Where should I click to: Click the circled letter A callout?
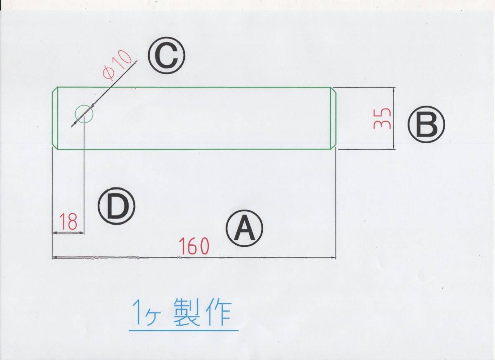(x=245, y=229)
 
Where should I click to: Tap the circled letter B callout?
(x=427, y=126)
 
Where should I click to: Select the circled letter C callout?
(x=167, y=58)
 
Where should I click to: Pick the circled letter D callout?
(x=117, y=206)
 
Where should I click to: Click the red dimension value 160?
(x=194, y=246)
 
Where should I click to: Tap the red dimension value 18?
(x=68, y=222)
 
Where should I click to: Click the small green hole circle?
(x=84, y=114)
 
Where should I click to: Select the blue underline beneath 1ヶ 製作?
(x=184, y=330)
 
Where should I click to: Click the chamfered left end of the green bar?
(x=55, y=118)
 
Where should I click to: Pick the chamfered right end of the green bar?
(x=334, y=118)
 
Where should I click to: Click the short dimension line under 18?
(x=68, y=233)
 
